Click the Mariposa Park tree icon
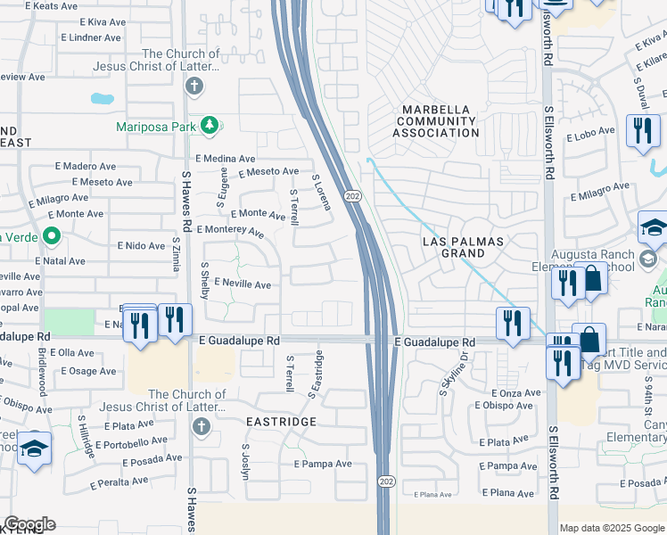click(x=210, y=125)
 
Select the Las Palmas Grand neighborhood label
click(x=463, y=247)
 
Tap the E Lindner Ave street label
click(x=90, y=37)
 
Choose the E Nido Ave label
click(x=142, y=245)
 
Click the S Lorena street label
click(x=321, y=192)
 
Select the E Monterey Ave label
click(x=231, y=231)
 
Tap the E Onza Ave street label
click(x=509, y=392)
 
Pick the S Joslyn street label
click(x=244, y=462)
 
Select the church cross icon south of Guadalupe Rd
click(x=201, y=425)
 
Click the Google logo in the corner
click(x=29, y=524)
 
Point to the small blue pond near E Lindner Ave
click(x=102, y=97)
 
